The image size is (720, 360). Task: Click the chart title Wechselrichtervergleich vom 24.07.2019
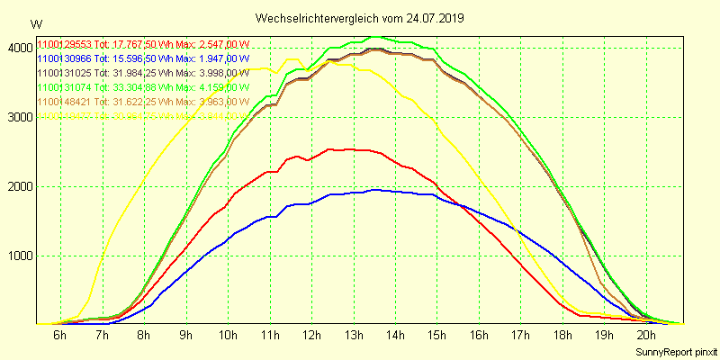360,18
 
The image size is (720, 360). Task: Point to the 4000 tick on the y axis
18,49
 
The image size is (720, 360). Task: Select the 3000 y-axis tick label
18,118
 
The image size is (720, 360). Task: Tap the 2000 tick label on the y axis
18,187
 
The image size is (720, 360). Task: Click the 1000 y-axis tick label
18,256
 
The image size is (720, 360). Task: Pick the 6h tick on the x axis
60,335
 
